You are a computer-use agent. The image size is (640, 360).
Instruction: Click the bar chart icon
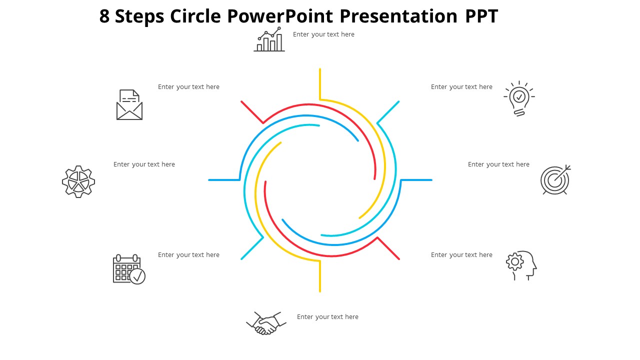[x=269, y=40]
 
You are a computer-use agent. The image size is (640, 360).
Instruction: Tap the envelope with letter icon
[x=129, y=105]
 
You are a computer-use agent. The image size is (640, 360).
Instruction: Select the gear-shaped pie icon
[x=78, y=181]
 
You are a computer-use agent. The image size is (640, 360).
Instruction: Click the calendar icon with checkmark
[x=129, y=269]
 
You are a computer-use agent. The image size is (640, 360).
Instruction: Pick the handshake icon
[x=266, y=323]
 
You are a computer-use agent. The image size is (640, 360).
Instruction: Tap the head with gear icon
[x=521, y=265]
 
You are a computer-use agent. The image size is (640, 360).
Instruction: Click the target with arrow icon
[x=555, y=180]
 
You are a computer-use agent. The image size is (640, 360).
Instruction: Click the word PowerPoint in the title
[x=280, y=16]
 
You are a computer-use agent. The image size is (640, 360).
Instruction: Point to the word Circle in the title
[x=195, y=16]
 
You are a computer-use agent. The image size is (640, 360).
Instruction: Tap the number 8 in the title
[x=104, y=16]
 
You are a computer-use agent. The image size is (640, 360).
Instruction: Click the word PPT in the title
[x=481, y=16]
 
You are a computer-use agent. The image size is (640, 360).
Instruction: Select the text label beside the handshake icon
[x=327, y=317]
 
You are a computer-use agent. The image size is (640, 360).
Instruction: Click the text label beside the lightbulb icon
[x=461, y=87]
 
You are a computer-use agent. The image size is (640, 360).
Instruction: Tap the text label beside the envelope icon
[x=188, y=87]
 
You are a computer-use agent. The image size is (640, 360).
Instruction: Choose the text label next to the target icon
[x=498, y=164]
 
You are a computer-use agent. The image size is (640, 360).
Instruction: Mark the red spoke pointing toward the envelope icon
[x=252, y=112]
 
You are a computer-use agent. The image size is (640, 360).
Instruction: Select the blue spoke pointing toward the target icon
[x=416, y=180]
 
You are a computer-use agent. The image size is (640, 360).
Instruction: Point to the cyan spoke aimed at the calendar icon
[x=252, y=248]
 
